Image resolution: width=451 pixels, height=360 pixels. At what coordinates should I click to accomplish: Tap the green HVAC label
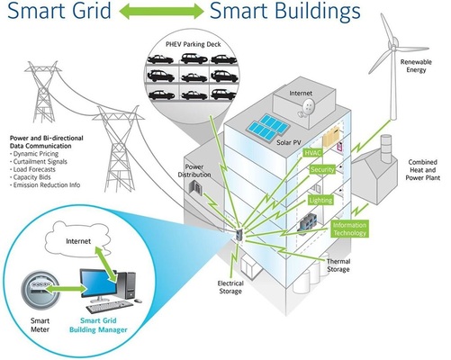click(x=313, y=153)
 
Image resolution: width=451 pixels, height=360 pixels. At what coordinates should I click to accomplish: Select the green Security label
click(x=320, y=169)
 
